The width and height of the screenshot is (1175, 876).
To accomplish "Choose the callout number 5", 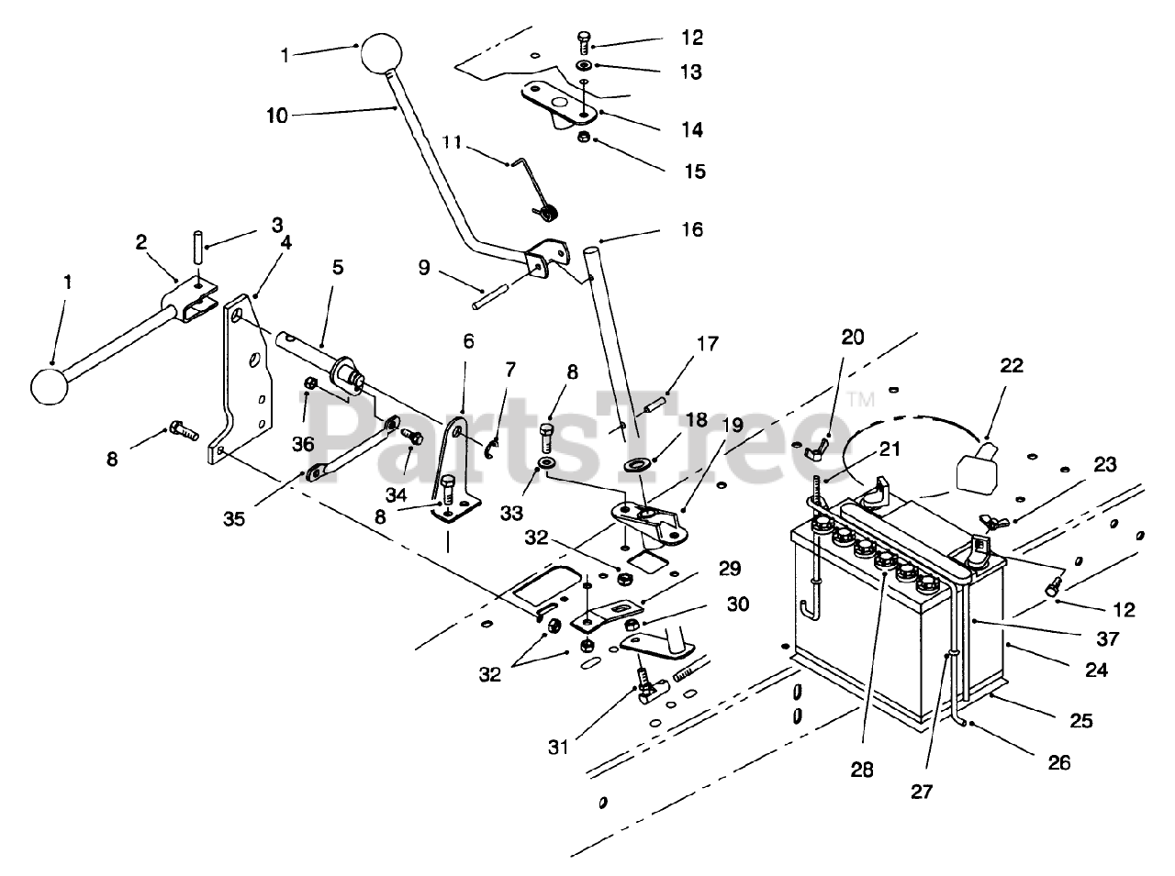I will (338, 269).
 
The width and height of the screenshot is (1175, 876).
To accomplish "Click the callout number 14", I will (692, 130).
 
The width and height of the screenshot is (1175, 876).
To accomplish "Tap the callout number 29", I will (730, 570).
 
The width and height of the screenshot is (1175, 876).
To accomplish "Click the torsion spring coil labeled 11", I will (548, 214).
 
